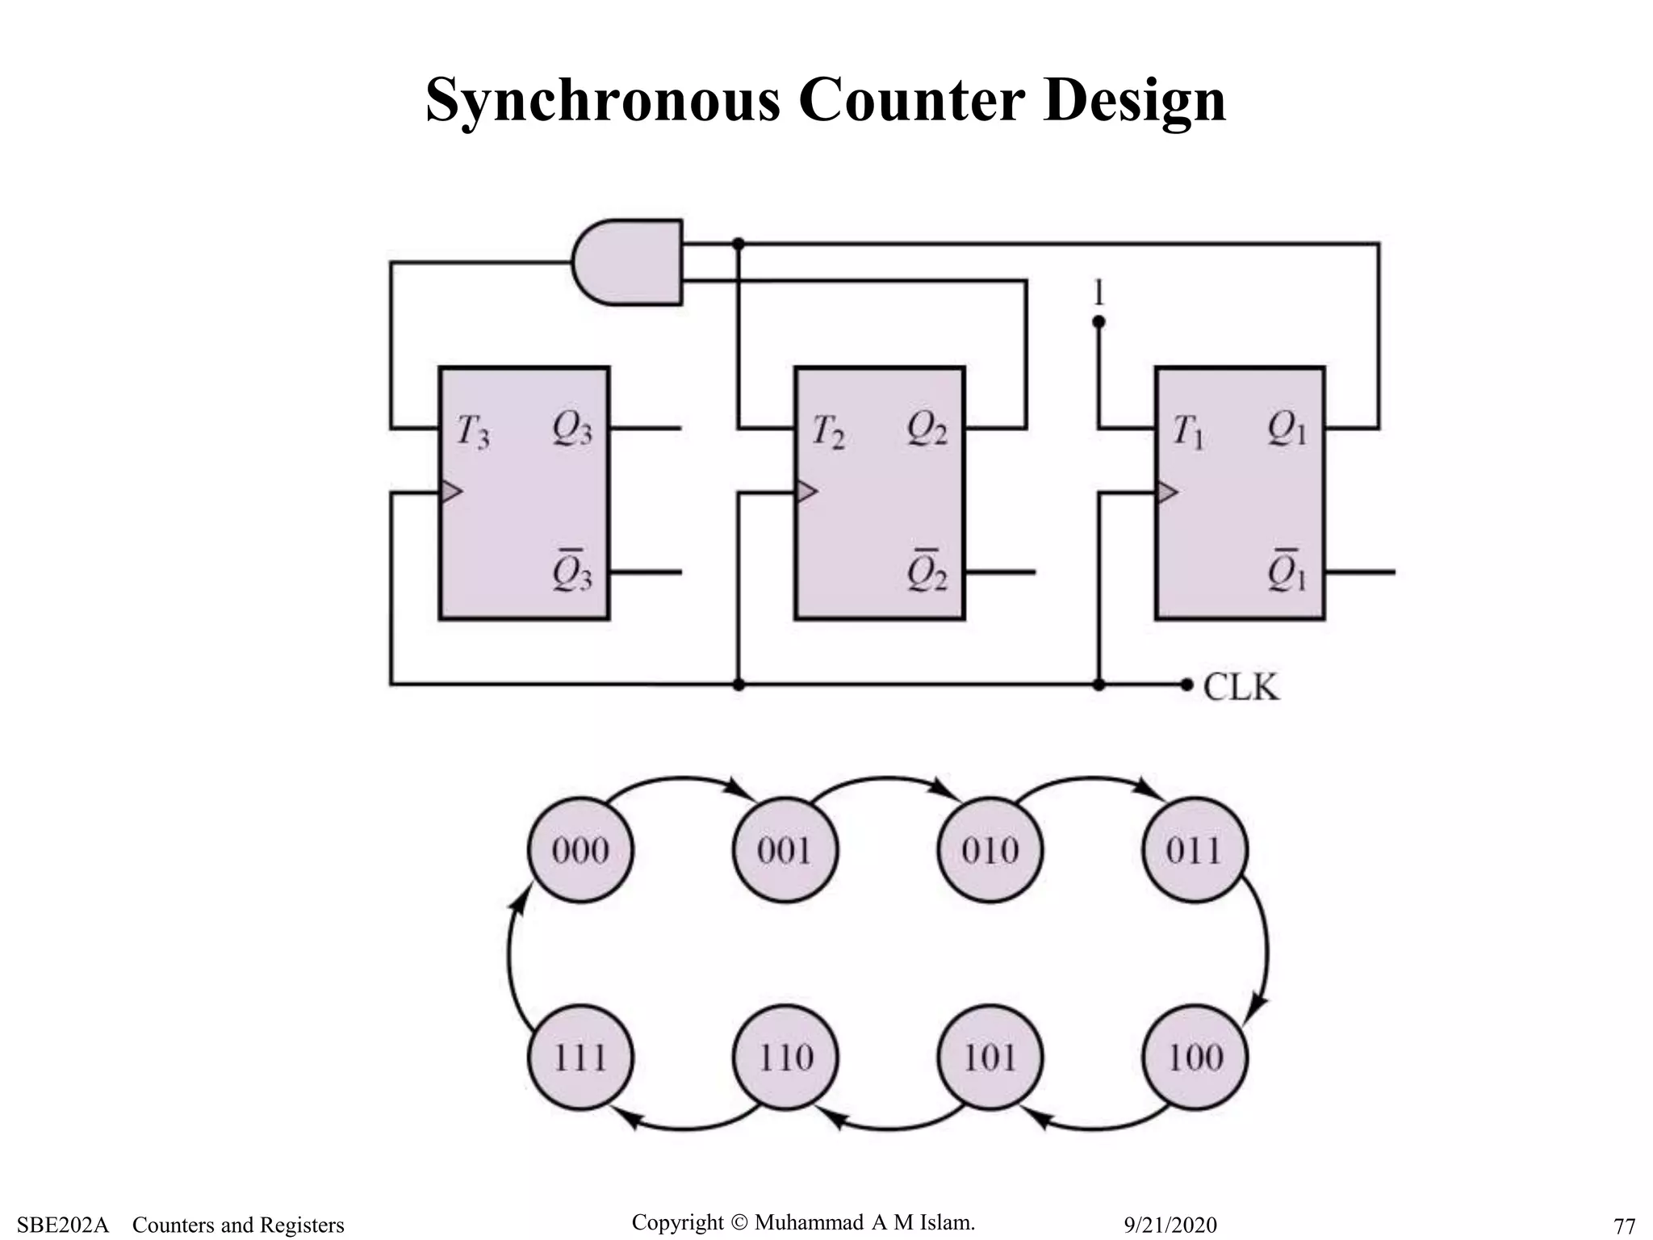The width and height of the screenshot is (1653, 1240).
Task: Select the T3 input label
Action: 472,431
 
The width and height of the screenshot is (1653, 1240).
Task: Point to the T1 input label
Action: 1187,431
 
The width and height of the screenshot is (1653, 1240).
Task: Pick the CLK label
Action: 1241,688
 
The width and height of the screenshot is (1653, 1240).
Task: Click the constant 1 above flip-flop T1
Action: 1098,292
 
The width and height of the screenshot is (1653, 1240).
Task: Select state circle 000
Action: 580,850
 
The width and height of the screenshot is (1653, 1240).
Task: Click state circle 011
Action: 1195,850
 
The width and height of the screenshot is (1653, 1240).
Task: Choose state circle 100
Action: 1195,1057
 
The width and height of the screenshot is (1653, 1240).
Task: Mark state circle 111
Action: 580,1057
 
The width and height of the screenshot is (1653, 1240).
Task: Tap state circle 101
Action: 990,1057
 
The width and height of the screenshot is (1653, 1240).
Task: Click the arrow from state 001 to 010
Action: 888,779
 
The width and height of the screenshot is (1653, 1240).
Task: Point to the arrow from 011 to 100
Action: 1265,953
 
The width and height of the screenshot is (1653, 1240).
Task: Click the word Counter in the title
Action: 911,100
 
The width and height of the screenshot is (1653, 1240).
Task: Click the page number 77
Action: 1624,1225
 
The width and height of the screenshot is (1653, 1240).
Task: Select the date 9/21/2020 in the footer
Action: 1170,1225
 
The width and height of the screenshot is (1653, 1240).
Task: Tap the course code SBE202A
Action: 62,1225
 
